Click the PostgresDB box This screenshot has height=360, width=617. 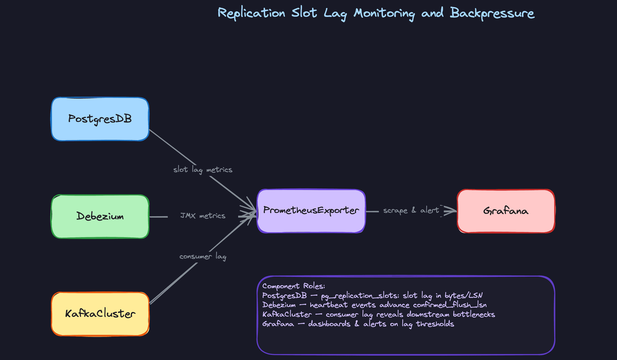coord(100,119)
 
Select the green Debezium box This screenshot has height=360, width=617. coord(100,216)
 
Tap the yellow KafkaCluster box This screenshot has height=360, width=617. coord(100,314)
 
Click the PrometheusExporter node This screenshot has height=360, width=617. coord(311,211)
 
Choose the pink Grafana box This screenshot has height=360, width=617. coord(506,211)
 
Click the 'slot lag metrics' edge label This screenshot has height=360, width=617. coord(203,170)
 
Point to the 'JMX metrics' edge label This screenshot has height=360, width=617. coord(203,216)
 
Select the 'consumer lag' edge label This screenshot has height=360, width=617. coord(203,256)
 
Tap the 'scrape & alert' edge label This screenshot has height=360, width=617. coord(411,211)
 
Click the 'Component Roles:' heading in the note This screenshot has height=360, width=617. coord(293,286)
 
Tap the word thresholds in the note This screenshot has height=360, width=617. coord(435,324)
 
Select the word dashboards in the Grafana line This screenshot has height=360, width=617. coord(329,324)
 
